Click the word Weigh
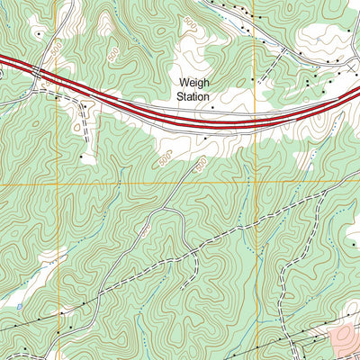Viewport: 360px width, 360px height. pos(193,80)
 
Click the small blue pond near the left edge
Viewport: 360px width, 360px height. pos(19,307)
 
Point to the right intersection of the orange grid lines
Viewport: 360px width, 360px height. pos(256,184)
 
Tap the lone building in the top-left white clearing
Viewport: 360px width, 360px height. pos(39,33)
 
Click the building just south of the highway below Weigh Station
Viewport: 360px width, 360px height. pos(204,139)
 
